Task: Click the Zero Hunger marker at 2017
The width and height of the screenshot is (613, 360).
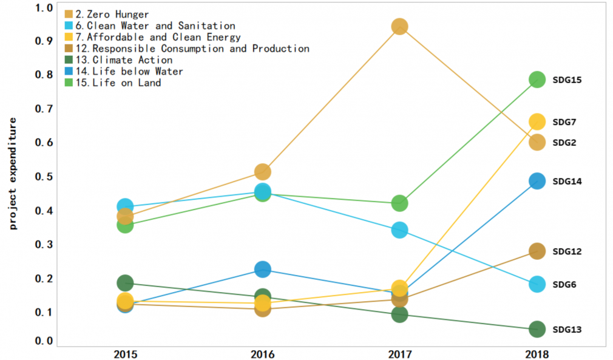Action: tap(399, 27)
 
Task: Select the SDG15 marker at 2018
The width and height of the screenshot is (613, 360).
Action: tap(537, 80)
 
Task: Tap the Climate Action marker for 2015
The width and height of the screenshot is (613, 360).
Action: tap(125, 282)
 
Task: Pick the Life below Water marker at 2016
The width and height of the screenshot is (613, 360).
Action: tap(262, 269)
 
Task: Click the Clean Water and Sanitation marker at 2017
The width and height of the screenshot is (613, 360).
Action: tap(399, 230)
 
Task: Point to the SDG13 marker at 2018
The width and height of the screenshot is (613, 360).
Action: tap(537, 329)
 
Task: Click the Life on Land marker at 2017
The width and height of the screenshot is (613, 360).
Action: tap(399, 203)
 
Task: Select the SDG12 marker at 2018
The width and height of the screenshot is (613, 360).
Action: tap(537, 251)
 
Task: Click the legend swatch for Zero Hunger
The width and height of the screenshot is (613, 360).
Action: tap(69, 14)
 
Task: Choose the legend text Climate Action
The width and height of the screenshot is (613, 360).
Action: tap(132, 60)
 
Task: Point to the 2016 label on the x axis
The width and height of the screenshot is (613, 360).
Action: tap(262, 353)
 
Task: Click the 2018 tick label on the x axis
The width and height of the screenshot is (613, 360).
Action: tap(537, 353)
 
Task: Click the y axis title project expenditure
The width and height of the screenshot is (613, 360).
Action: tap(13, 173)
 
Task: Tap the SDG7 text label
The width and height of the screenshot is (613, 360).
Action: tap(564, 122)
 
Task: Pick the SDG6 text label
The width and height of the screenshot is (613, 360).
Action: tap(564, 284)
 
